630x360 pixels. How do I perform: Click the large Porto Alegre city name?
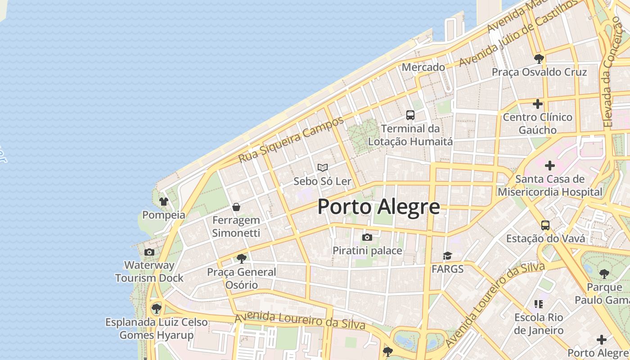378,207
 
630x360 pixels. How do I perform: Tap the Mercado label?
423,67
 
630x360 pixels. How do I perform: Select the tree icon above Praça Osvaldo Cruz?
539,58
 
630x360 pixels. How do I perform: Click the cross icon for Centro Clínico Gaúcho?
537,104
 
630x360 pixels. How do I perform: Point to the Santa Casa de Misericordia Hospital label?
549,185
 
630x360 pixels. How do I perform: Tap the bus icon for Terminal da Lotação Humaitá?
410,115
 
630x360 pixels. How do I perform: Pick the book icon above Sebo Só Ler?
322,167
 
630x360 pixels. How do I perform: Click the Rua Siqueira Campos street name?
291,139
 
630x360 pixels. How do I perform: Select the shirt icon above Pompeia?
163,201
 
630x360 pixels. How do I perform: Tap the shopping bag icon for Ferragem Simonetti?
236,207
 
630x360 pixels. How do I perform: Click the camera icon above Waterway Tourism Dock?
149,252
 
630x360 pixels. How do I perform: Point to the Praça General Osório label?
242,279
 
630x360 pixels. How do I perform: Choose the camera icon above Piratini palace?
367,237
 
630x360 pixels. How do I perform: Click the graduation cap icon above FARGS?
447,256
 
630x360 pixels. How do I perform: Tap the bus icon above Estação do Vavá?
545,225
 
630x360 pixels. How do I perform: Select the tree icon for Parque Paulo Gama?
604,274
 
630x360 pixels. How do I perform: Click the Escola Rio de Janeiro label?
539,324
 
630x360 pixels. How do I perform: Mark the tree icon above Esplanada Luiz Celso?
156,309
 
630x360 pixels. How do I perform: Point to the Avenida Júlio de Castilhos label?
517,33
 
